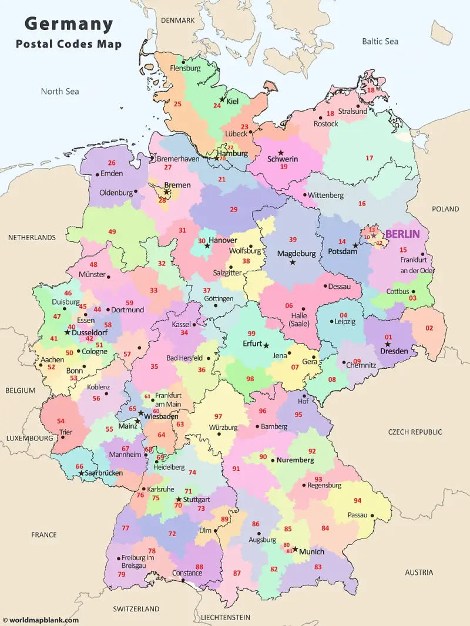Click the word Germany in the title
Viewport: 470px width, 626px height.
[69, 24]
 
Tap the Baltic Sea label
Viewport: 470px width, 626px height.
[380, 41]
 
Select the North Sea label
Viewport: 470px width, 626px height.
[59, 91]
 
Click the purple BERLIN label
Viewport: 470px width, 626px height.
[403, 234]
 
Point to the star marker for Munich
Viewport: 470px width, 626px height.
[295, 549]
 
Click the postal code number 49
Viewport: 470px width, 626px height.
[112, 232]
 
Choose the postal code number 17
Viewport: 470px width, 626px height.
[370, 158]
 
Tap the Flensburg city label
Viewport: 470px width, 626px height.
[185, 68]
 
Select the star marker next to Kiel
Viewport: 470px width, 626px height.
[222, 99]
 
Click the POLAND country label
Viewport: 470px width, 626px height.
[445, 209]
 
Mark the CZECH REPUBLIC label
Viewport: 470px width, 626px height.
[415, 432]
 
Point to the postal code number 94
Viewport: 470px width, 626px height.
[357, 500]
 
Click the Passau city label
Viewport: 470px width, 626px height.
[357, 515]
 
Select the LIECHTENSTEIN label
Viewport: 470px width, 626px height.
[225, 617]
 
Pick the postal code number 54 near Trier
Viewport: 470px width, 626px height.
[61, 421]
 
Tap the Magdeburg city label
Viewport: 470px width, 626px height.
[296, 254]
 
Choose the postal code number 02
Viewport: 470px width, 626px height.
[429, 328]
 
